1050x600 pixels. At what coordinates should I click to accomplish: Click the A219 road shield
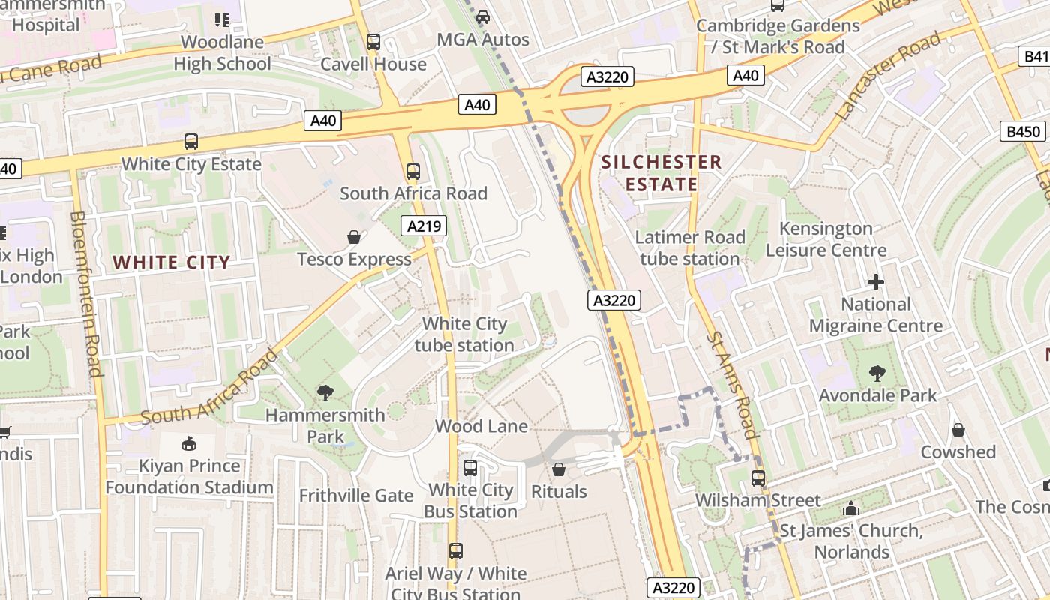[x=424, y=226]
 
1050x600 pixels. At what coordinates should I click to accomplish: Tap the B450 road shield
[x=1024, y=132]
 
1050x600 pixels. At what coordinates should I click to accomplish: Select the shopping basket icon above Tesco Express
[x=354, y=237]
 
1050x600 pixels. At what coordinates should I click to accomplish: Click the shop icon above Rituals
[x=558, y=469]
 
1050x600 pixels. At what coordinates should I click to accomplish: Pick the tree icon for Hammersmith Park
[x=325, y=391]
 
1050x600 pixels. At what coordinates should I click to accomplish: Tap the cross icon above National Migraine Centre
[x=875, y=282]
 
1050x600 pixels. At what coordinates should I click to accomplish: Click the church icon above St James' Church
[x=850, y=508]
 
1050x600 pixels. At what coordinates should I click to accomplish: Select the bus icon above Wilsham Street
[x=758, y=478]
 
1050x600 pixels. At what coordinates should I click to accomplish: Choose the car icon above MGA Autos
[x=483, y=16]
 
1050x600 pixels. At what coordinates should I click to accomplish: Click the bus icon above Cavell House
[x=373, y=42]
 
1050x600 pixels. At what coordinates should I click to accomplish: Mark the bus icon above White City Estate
[x=191, y=141]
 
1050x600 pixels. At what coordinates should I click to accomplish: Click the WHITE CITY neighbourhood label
[x=172, y=262]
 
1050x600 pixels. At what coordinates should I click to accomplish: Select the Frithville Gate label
[x=356, y=496]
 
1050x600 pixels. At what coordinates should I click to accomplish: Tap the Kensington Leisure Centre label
[x=826, y=239]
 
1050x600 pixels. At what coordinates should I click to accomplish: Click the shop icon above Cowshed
[x=958, y=430]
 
